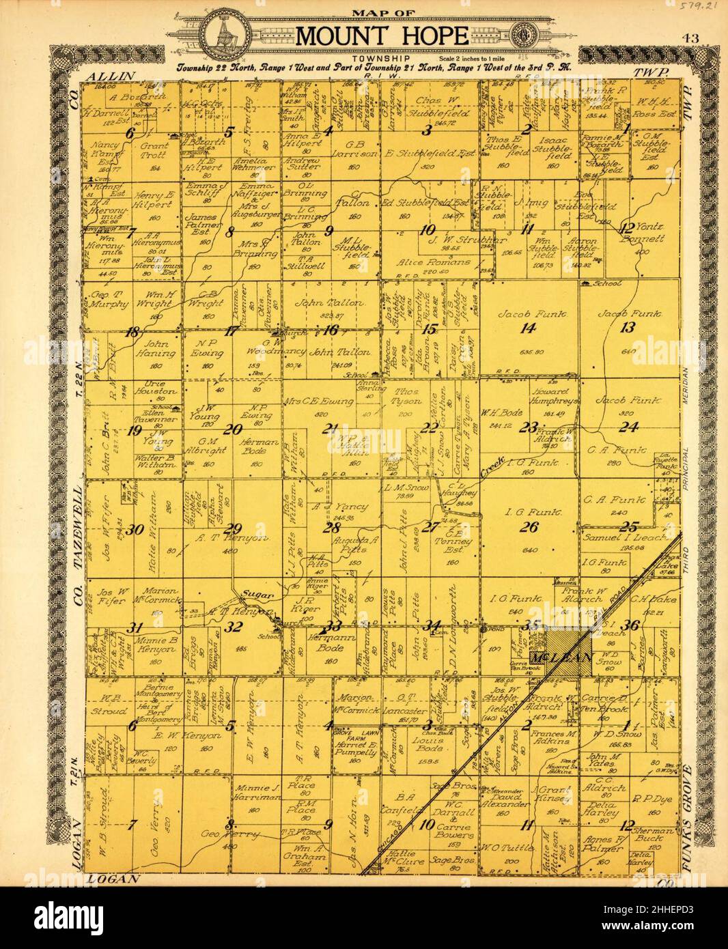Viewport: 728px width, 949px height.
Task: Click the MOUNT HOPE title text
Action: coord(382,36)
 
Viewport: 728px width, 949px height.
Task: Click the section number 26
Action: coord(529,526)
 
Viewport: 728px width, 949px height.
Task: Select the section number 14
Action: coord(527,328)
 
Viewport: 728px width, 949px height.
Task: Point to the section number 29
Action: coord(234,528)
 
